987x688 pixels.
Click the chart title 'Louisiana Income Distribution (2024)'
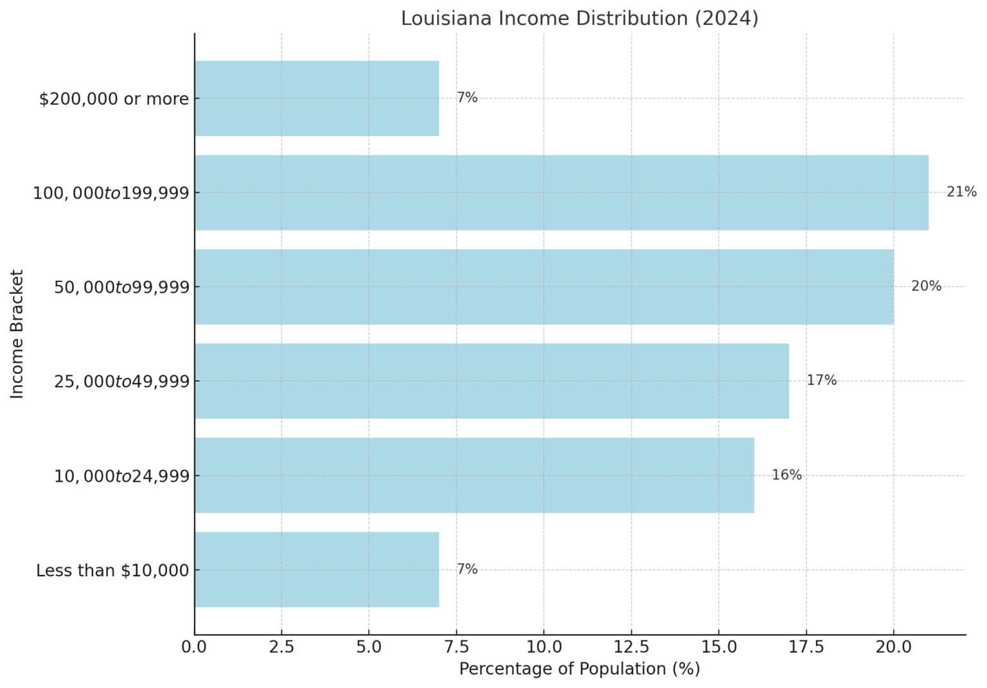580,18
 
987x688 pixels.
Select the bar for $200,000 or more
317,98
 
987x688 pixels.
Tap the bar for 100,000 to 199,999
561,193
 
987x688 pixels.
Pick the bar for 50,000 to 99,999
544,287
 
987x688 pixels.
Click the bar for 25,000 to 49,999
492,381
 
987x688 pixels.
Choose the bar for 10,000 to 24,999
474,475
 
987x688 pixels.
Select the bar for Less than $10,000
317,569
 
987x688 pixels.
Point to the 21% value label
961,192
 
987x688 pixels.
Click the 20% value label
926,287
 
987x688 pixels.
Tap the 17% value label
821,380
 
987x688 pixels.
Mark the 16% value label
787,475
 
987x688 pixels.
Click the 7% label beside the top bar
467,98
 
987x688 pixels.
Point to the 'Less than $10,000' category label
112,570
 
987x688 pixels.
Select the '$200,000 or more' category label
114,99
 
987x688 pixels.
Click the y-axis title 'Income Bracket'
17,334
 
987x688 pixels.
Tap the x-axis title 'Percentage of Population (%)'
580,669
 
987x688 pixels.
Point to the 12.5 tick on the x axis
631,647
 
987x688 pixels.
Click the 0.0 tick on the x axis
194,647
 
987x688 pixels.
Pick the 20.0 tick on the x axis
893,647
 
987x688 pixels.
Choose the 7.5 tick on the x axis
456,647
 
